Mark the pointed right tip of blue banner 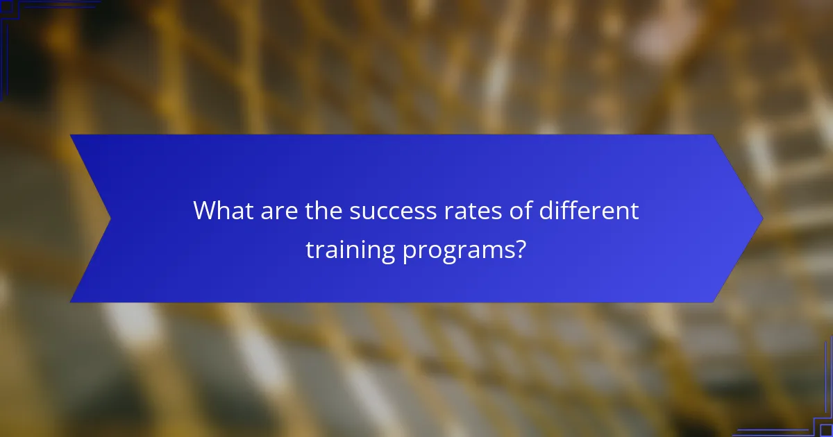coord(762,218)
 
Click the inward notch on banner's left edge coord(110,218)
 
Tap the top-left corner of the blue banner coord(71,135)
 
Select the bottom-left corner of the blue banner coord(71,302)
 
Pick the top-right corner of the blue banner coord(714,135)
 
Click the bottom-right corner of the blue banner coord(714,302)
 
